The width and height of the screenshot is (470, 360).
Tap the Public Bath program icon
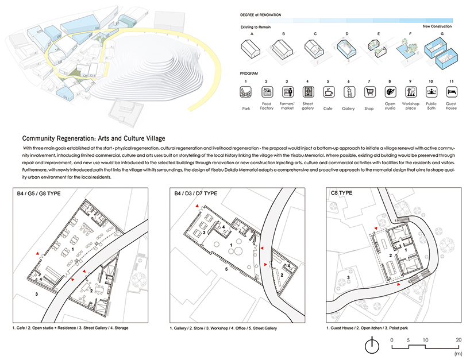(x=430, y=92)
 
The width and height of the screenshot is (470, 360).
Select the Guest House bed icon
(x=451, y=92)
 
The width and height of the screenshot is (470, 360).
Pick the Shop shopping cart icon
(x=369, y=92)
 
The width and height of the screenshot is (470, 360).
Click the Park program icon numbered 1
(x=245, y=92)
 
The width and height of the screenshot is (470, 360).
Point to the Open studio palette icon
(x=390, y=92)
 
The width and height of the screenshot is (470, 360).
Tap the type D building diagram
(x=346, y=50)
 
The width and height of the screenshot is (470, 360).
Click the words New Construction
(x=438, y=27)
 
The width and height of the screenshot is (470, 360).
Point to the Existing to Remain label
(x=256, y=27)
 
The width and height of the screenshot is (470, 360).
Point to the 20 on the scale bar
(x=458, y=339)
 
